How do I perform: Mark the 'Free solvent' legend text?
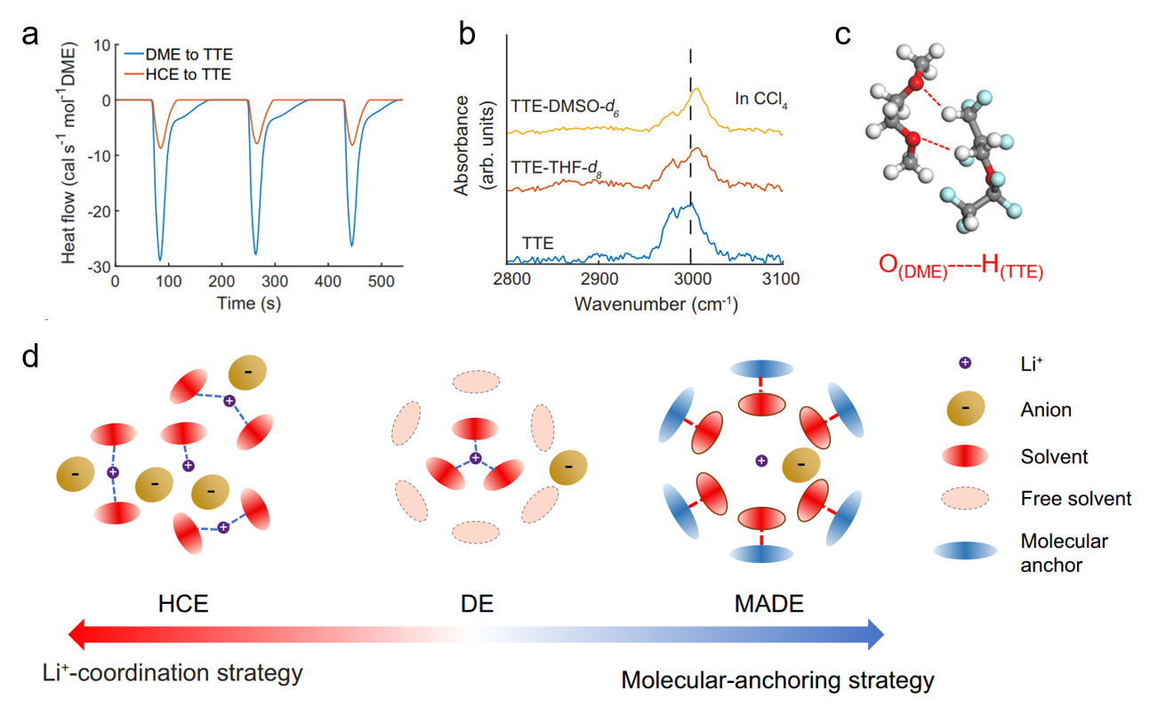click(1076, 499)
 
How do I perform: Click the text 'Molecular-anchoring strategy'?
click(777, 681)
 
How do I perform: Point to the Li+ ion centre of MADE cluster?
click(761, 461)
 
